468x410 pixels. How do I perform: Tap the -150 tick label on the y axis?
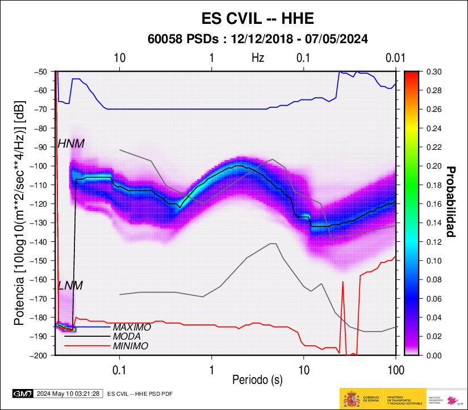tap(40, 261)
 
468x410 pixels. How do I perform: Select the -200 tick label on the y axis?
tap(40, 355)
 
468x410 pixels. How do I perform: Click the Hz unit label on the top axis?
tap(258, 58)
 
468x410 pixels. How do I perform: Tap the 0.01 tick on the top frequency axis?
tap(395, 58)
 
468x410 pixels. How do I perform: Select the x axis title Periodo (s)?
tap(257, 379)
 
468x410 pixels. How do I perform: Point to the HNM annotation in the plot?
tap(71, 144)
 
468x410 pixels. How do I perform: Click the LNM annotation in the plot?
tap(70, 286)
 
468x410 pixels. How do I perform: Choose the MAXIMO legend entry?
tap(132, 328)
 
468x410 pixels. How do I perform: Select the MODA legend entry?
tap(127, 337)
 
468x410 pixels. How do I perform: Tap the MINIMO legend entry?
tap(131, 346)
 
